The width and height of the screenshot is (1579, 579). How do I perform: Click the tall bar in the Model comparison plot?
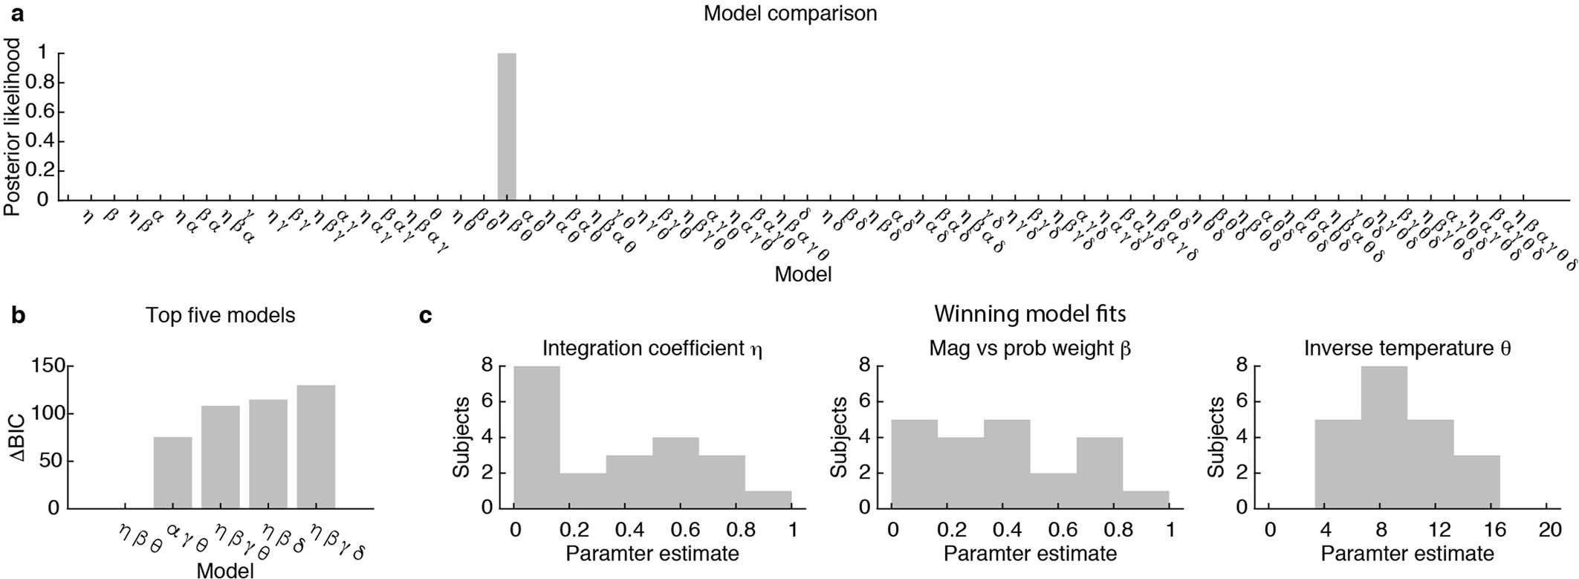506,126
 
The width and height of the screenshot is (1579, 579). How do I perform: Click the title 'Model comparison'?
790,14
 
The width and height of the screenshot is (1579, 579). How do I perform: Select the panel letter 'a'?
14,13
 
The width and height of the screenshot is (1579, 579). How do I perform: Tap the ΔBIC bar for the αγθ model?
172,473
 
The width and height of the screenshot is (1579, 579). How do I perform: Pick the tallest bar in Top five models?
316,447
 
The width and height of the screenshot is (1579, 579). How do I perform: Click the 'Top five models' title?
220,315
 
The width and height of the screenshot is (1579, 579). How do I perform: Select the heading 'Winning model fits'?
1029,314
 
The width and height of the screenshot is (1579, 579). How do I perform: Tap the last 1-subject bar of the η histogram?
768,499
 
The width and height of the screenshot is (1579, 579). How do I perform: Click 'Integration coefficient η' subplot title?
652,349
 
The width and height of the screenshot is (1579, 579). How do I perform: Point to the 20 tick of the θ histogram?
1549,530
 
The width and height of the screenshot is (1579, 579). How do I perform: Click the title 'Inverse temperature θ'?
1407,349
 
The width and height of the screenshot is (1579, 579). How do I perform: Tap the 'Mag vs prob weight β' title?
1030,349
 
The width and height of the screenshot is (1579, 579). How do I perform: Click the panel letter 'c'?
426,316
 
